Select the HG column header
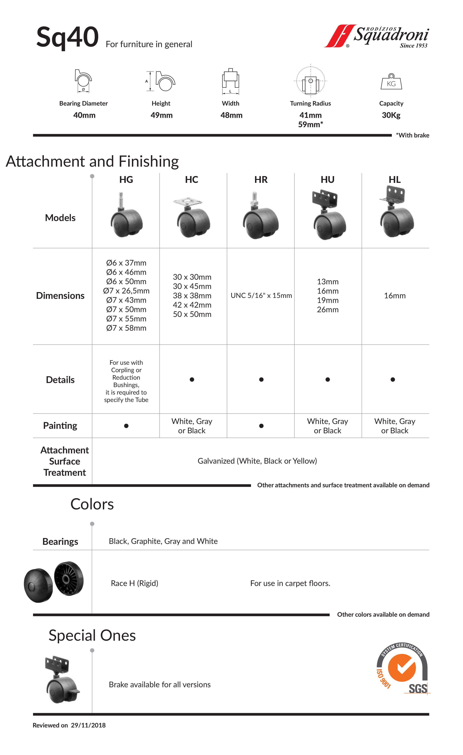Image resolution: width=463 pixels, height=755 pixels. point(126,179)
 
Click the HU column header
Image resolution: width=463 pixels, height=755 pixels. point(328,179)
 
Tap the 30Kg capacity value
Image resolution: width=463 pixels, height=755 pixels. point(391,115)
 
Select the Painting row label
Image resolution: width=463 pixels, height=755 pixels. point(60,426)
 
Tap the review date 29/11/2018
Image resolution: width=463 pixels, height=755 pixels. point(88,725)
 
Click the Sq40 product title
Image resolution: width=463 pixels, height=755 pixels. point(67,37)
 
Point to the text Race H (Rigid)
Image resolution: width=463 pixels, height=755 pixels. point(135,583)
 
